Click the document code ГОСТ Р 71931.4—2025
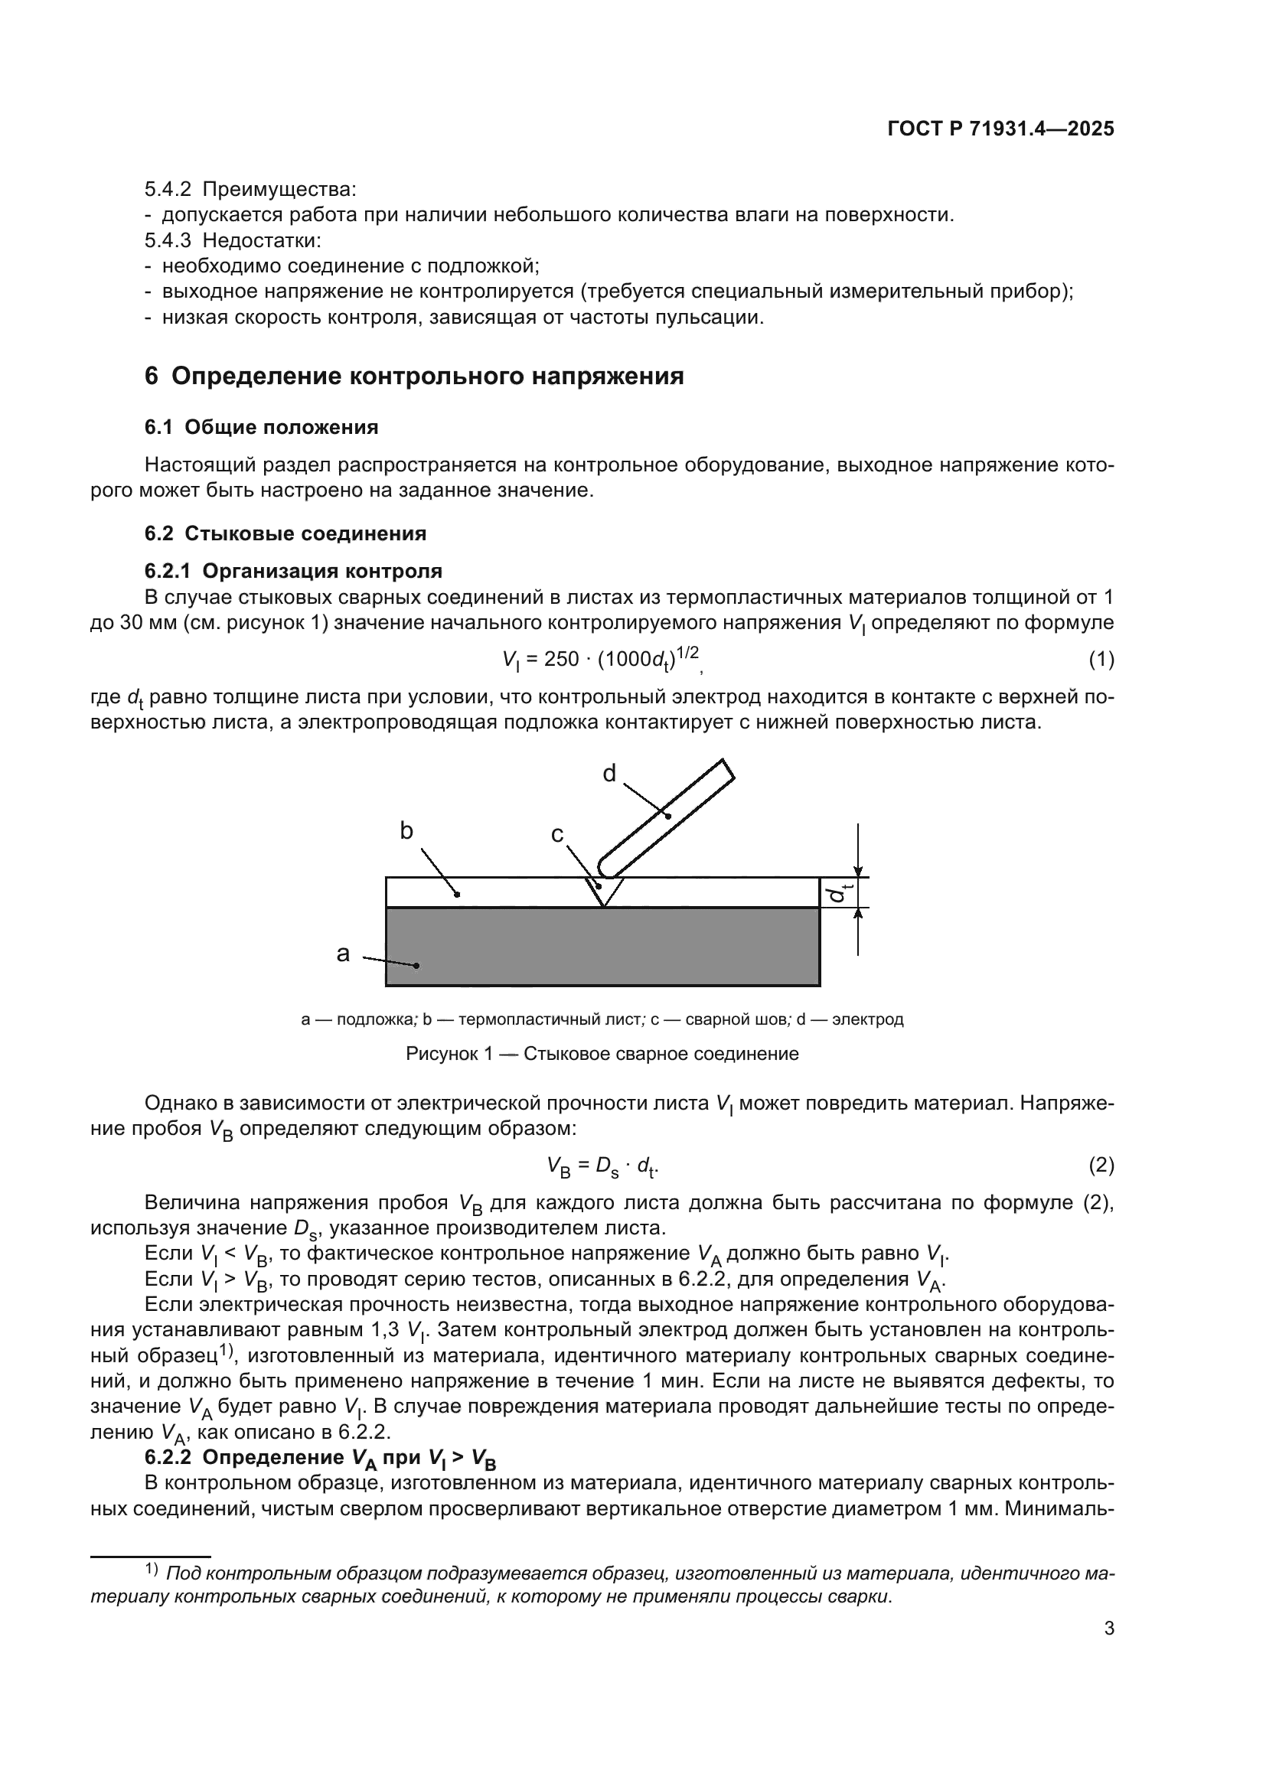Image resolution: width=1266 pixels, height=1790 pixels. [x=1000, y=129]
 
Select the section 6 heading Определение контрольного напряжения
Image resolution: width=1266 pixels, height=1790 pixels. [x=414, y=376]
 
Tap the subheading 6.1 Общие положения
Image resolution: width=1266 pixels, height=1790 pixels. [x=261, y=427]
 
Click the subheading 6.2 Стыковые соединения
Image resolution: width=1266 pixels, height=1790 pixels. [x=286, y=534]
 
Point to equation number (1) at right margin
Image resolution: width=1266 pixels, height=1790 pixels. [x=1101, y=660]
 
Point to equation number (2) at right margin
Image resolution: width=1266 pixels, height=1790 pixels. [x=1101, y=1166]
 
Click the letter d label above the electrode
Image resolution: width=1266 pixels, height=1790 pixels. [x=609, y=774]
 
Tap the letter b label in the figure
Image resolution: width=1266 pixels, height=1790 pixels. [x=406, y=831]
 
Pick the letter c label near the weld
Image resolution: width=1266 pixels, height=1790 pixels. [x=556, y=835]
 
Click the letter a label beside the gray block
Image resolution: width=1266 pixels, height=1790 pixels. [x=343, y=954]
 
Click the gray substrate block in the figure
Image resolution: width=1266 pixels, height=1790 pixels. [x=602, y=947]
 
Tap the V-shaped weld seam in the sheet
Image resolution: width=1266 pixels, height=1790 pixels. [x=604, y=890]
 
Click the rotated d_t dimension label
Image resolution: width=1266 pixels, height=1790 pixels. [x=840, y=892]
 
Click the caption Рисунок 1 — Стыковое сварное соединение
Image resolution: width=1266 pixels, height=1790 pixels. [x=602, y=1054]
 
